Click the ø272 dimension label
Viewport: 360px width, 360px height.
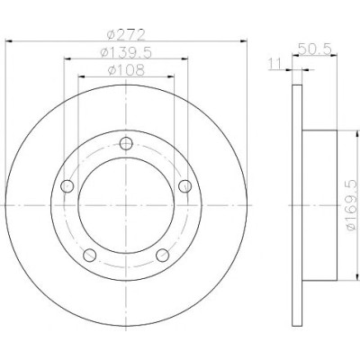(x=126, y=34)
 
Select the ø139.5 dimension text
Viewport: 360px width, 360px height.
(x=126, y=53)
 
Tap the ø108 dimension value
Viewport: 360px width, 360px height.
(x=126, y=70)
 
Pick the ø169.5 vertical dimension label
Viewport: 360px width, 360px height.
(x=353, y=205)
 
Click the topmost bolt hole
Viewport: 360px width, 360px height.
(x=126, y=143)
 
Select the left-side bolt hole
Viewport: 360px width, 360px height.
(x=67, y=186)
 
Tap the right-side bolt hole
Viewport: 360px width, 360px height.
(x=184, y=186)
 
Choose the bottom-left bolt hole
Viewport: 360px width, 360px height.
(x=90, y=256)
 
